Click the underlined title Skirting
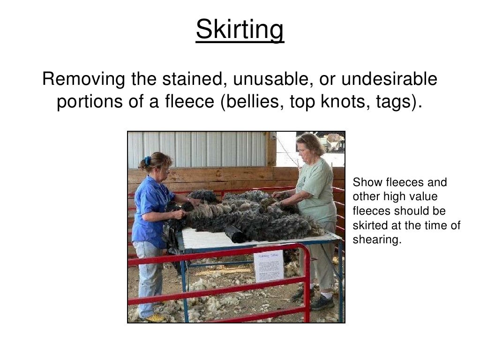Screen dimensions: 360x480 (x=240, y=30)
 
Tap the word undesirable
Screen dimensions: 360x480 (x=389, y=79)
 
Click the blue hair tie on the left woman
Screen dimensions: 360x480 (x=148, y=161)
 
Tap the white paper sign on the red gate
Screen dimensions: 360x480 (x=268, y=266)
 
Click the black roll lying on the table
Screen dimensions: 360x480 (x=234, y=233)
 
